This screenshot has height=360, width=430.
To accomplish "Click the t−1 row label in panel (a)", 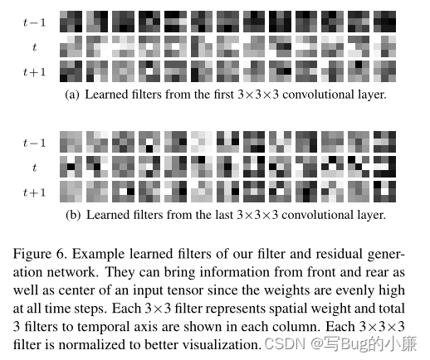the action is (34, 22).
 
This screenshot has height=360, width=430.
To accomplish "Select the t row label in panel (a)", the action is (34, 47).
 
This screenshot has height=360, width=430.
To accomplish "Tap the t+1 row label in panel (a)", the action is (34, 72).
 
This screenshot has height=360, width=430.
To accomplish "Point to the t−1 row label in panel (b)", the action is (34, 143).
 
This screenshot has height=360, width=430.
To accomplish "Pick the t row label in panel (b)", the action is (34, 168).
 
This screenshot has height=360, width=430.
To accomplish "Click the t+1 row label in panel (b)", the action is (34, 192).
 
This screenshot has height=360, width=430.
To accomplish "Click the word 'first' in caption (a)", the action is (223, 95).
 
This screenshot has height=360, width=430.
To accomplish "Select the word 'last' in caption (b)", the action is (224, 215).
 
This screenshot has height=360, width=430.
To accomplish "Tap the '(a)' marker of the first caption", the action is (72, 95).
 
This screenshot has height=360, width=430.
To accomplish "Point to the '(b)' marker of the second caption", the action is (73, 215).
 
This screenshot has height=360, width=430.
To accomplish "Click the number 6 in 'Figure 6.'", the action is (61, 254).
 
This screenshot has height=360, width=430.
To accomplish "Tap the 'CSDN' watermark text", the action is (285, 343).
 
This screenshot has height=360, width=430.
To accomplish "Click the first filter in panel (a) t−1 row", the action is (71, 22).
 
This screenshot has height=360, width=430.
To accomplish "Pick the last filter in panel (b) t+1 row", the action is (384, 192).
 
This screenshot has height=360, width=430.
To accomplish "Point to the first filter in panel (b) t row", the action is (71, 167).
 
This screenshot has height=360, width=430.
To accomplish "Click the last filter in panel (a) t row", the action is (384, 46).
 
